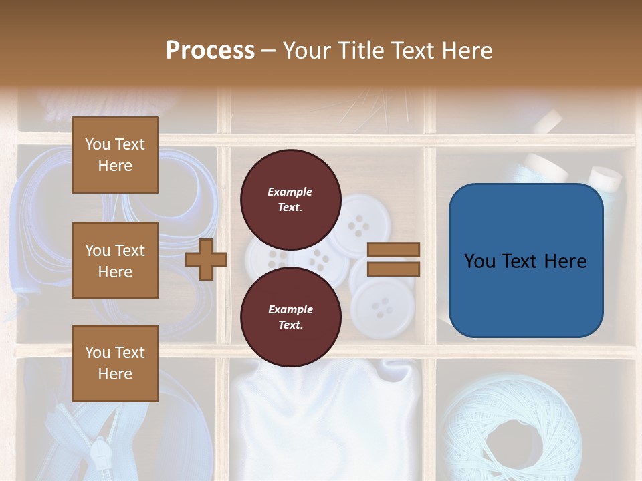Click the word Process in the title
pos(210,51)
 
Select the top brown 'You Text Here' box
pos(115,155)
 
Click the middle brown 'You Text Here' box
pos(115,261)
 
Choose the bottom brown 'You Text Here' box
pos(115,363)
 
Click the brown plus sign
pos(206,259)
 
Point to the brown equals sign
pos(394,259)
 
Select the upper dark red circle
pos(290,200)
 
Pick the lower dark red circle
pos(290,317)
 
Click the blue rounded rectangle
pos(526,261)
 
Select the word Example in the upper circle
pos(290,192)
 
